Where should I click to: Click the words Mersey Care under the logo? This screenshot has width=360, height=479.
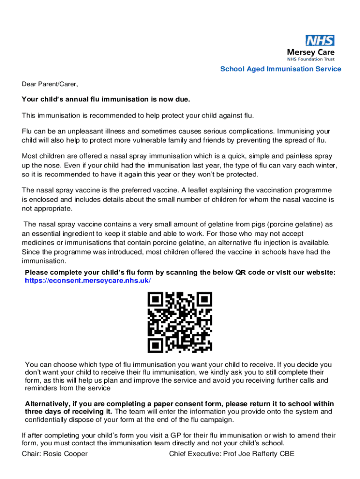coord(310,52)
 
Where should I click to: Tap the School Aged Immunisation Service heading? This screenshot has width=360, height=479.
coord(281,69)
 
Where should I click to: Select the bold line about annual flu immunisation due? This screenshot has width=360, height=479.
coord(106,100)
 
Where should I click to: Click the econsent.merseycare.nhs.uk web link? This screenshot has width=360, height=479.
coord(88,280)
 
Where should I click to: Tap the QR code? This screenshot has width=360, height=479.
coord(180,322)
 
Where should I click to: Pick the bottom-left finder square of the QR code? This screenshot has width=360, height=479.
coord(156,345)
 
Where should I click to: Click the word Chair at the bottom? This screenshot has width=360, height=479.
coord(31,454)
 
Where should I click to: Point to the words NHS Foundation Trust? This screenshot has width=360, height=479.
coord(310,59)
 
